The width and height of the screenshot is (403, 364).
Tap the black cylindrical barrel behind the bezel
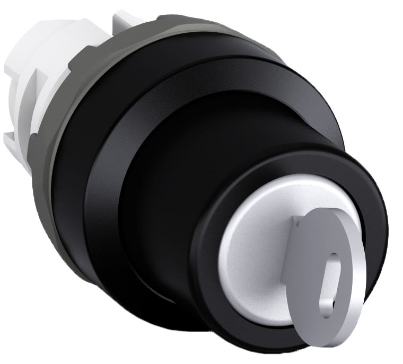point(175,159)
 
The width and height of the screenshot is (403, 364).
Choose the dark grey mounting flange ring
point(69,159)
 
